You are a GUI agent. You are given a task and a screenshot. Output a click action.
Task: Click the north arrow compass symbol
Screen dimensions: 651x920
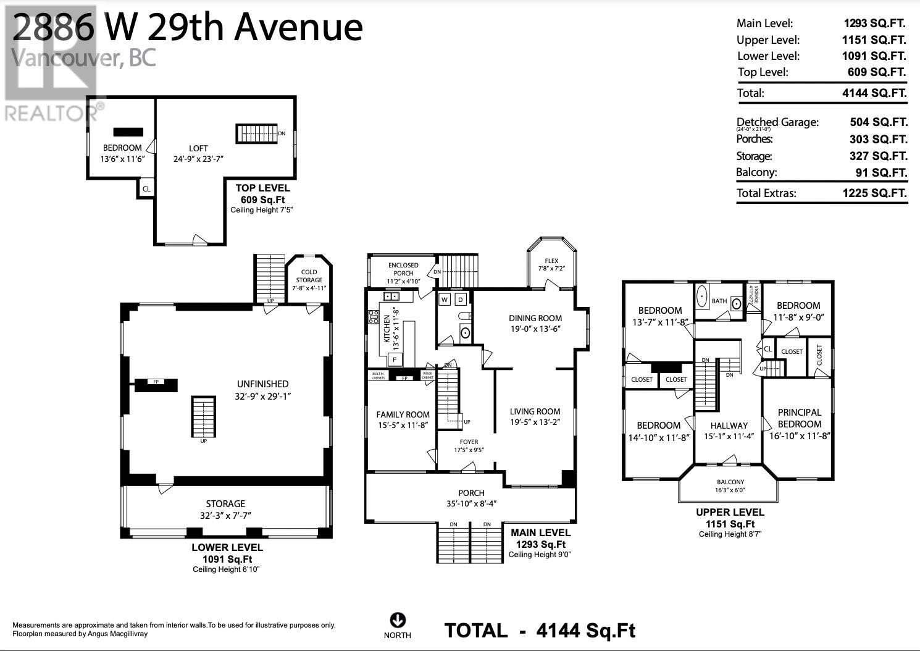tap(397, 619)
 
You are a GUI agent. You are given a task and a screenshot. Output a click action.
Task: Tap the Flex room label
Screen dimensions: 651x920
tap(551, 261)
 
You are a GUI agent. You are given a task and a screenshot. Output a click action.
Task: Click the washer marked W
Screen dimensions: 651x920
tap(445, 300)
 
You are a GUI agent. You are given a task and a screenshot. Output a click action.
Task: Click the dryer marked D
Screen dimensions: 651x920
tap(461, 300)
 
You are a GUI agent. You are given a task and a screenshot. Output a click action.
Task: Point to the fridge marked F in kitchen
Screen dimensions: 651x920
tap(394, 359)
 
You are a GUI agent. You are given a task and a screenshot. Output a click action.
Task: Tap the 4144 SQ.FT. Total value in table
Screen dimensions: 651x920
tap(874, 93)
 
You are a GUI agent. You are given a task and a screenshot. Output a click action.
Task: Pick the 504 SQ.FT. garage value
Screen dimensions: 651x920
tap(878, 122)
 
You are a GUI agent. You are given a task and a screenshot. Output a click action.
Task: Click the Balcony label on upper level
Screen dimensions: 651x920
tap(730, 482)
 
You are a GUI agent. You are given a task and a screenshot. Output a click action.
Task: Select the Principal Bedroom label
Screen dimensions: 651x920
tap(799, 418)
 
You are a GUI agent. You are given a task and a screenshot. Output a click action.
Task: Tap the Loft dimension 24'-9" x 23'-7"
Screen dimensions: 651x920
tap(198, 159)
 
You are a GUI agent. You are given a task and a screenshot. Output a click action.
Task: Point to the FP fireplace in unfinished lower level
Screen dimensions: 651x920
tap(156, 383)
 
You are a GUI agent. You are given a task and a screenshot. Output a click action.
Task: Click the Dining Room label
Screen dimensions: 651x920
tap(535, 318)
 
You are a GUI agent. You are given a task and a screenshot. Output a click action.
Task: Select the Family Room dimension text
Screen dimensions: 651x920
tap(403, 425)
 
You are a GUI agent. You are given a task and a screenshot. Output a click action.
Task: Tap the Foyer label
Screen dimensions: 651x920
tap(469, 442)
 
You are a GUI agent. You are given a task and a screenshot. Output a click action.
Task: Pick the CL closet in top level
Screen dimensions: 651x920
tap(146, 188)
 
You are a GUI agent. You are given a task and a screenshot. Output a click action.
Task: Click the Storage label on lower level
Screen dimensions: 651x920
tap(225, 503)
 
